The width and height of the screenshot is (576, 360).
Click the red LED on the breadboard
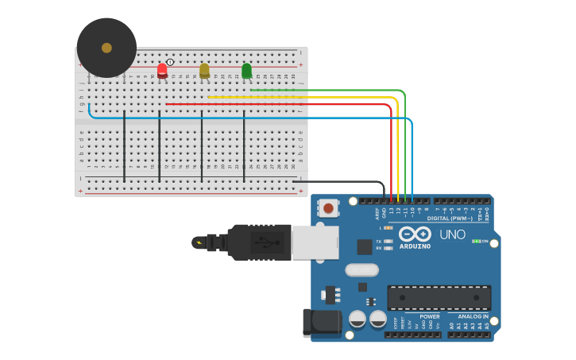(x=162, y=70)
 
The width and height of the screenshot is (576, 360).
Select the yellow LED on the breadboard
(x=204, y=70)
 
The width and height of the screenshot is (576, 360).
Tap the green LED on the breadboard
(x=246, y=70)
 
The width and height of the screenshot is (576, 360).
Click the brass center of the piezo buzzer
(x=106, y=48)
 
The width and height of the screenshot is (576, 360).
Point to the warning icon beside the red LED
(x=170, y=62)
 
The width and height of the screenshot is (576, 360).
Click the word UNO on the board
(x=452, y=234)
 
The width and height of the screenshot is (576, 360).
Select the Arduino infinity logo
(x=415, y=234)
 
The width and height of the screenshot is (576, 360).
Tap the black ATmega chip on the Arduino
(x=439, y=297)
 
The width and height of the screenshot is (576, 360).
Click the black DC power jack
(x=323, y=323)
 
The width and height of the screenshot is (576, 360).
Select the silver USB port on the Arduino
(x=315, y=242)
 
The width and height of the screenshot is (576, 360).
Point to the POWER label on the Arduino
(x=430, y=316)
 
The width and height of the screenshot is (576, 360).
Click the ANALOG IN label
(x=473, y=316)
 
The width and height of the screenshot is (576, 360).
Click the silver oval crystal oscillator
(x=361, y=270)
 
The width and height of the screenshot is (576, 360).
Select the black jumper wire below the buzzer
(x=124, y=147)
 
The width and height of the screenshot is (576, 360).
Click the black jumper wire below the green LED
(x=244, y=147)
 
